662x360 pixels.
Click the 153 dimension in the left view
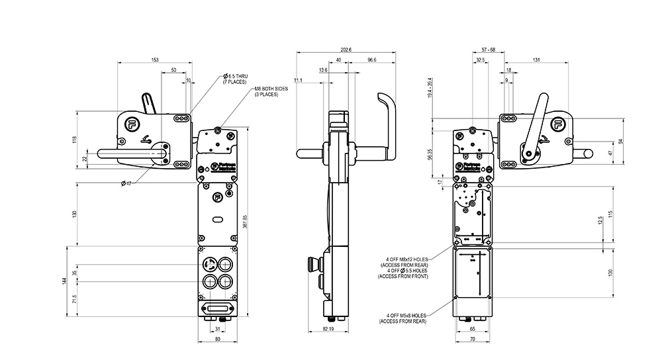(155, 60)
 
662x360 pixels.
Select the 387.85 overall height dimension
(246, 222)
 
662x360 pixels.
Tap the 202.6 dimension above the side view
(345, 50)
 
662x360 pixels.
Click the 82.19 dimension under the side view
(328, 329)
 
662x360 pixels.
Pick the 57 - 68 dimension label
(489, 50)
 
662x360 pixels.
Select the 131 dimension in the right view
(535, 60)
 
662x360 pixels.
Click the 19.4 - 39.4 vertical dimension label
(430, 88)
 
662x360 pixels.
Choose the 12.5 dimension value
(600, 220)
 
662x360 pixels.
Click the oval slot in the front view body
(218, 218)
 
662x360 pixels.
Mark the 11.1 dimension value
(299, 80)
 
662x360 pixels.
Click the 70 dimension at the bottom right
(473, 339)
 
